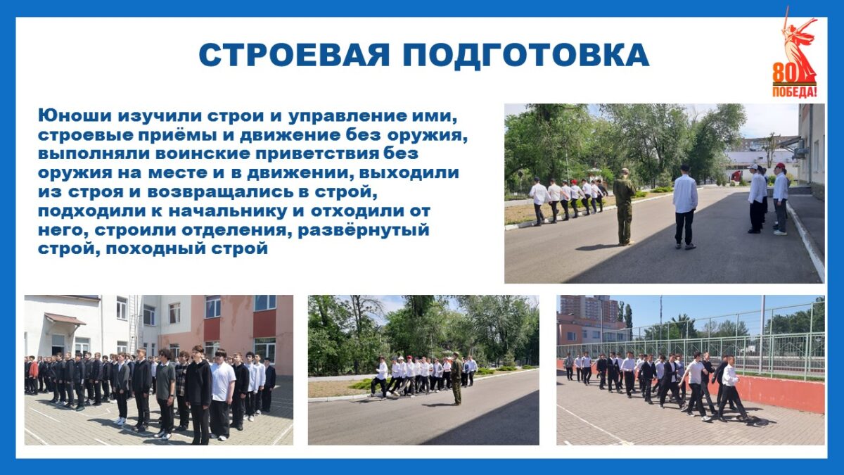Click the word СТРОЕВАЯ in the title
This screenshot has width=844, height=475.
point(294,55)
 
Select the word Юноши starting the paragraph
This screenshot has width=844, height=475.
point(75,115)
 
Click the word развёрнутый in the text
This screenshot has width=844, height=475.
point(364,230)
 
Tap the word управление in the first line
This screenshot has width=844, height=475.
point(352,115)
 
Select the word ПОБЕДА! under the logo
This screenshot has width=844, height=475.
point(794,91)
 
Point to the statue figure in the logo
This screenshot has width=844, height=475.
point(798,44)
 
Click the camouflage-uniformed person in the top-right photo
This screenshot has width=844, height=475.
point(625,207)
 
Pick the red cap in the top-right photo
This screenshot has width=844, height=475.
point(780,165)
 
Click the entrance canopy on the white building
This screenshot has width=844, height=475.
point(65,319)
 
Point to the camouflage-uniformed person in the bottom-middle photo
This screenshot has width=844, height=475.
point(456,379)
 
